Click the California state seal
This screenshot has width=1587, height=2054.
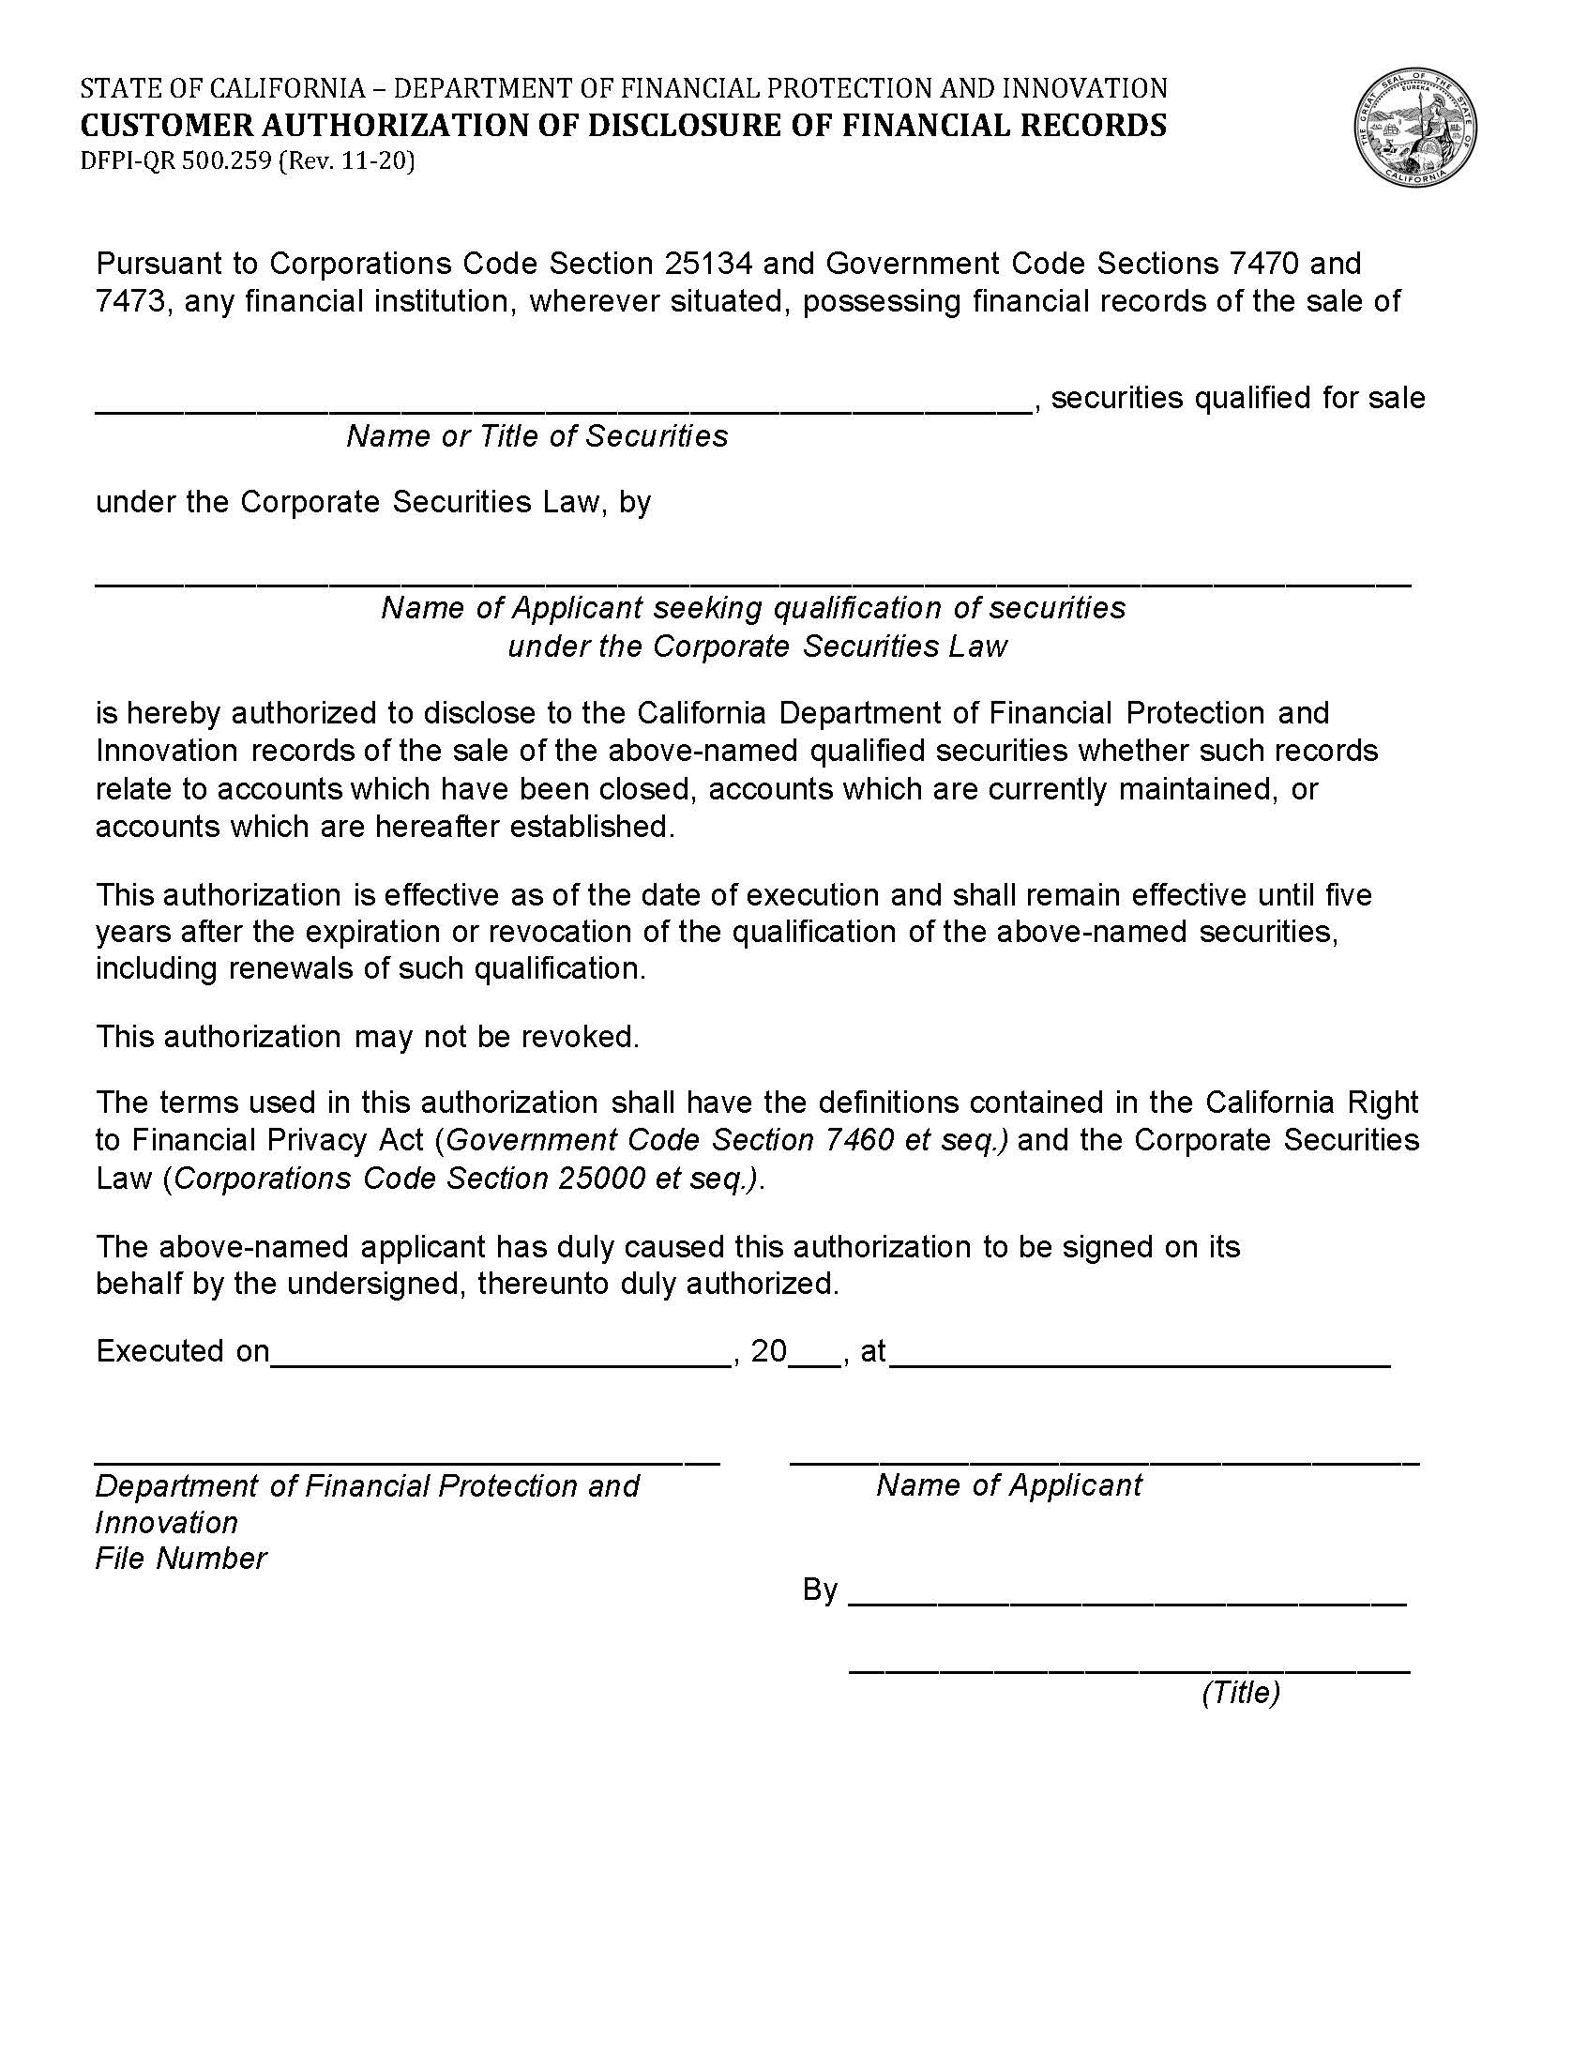click(x=1415, y=129)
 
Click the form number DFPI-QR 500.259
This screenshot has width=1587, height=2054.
click(x=177, y=161)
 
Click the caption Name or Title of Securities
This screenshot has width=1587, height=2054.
click(x=537, y=436)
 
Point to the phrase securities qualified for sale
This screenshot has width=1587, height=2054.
click(x=1237, y=398)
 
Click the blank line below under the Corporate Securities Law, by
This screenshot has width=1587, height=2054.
click(x=752, y=578)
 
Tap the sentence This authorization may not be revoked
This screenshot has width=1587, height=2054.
click(x=368, y=1037)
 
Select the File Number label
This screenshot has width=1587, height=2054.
click(x=181, y=1559)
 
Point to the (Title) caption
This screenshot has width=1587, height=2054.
click(x=1240, y=1692)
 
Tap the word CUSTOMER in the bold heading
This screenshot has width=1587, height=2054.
click(x=160, y=125)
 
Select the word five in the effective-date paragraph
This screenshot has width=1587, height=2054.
click(x=1348, y=893)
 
